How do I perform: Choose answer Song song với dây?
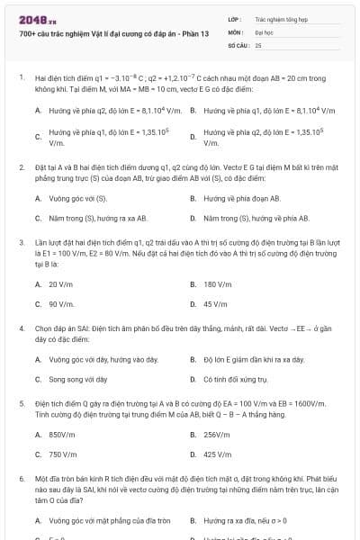coord(78,379)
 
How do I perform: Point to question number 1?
coord(21,77)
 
